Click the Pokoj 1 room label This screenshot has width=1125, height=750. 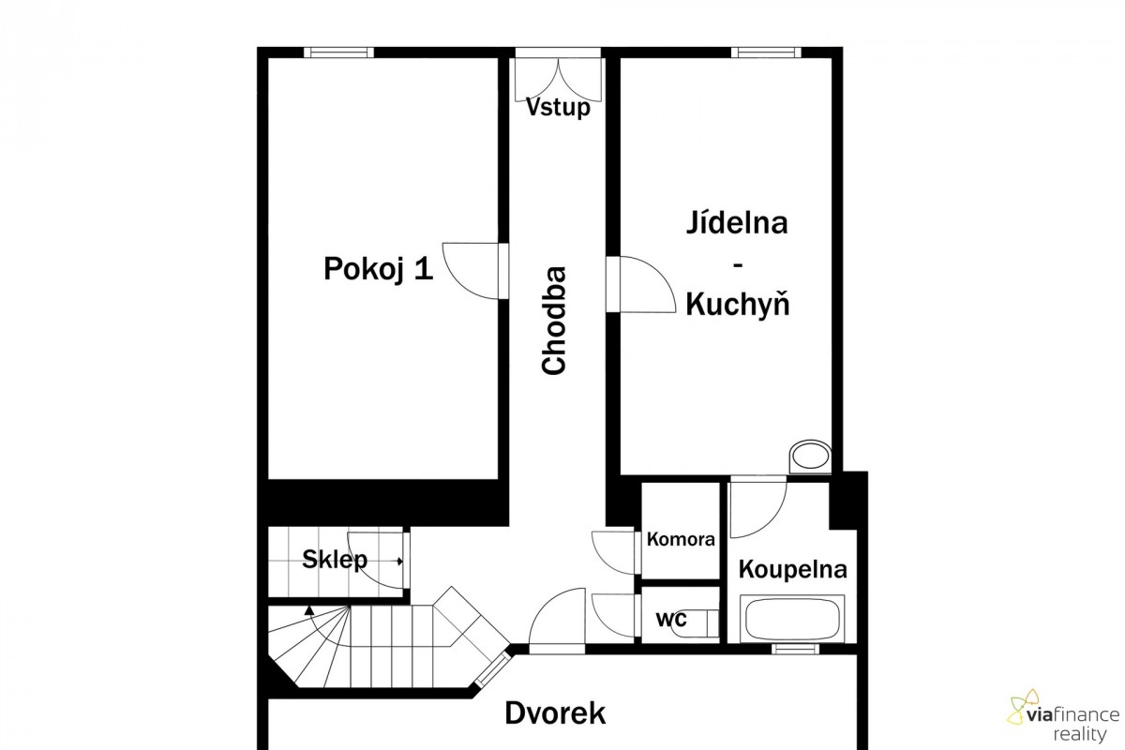[378, 268]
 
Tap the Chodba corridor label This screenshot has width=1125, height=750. [554, 321]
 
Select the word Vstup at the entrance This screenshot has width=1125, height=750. [558, 107]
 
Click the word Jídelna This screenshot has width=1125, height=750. [737, 222]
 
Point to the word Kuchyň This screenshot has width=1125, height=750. [738, 305]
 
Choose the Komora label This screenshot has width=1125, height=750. [681, 539]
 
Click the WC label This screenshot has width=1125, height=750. [671, 620]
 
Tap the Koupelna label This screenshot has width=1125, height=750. [793, 569]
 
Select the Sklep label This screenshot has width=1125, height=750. [335, 560]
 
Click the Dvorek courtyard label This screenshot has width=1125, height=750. [555, 713]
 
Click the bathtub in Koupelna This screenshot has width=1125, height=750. [792, 619]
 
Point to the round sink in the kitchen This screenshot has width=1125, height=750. [810, 457]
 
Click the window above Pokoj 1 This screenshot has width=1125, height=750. [339, 52]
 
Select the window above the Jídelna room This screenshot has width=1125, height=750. [766, 52]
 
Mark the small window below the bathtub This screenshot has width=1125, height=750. [795, 649]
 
